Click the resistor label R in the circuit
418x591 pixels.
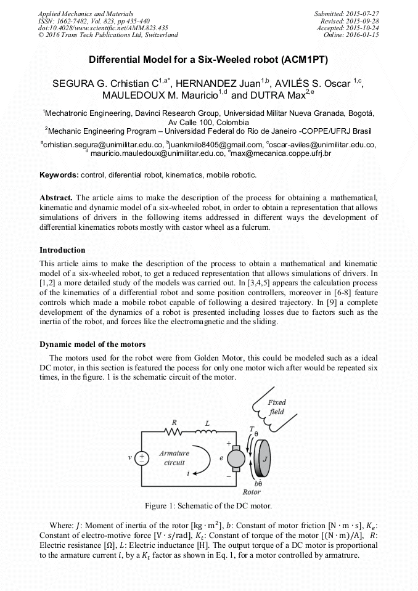(175, 423)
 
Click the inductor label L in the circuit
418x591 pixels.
(207, 423)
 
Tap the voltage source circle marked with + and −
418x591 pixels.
(142, 459)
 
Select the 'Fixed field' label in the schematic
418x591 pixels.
(276, 407)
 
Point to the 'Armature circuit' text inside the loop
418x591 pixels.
(174, 458)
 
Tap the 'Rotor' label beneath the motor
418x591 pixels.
(252, 492)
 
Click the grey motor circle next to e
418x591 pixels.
(236, 459)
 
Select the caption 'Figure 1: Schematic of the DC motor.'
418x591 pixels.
(208, 506)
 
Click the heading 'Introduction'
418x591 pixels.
(62, 250)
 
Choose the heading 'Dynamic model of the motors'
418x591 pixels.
(92, 344)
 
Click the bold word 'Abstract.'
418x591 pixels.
(57, 198)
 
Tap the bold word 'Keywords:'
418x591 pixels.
(59, 175)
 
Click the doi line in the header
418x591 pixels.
(103, 28)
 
